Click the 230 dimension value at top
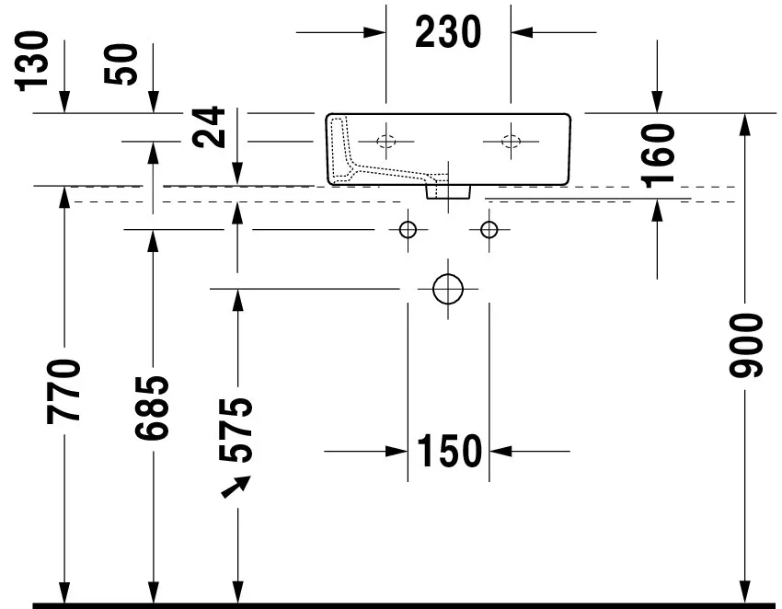pos(448,33)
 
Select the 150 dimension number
pos(448,452)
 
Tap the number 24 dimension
pos(209,127)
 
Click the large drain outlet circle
pos(447,288)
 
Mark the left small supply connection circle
pos(408,228)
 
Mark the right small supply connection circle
pos(488,228)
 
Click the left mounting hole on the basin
pos(386,142)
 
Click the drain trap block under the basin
pos(448,190)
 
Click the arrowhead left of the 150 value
pos(397,452)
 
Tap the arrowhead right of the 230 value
pos(522,33)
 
